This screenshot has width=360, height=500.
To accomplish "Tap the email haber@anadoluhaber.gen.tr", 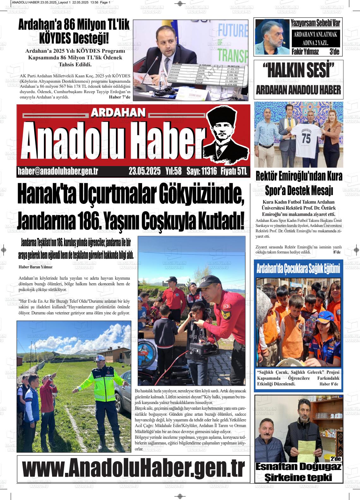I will click(x=58, y=171).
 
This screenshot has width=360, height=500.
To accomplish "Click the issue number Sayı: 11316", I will click(x=201, y=171).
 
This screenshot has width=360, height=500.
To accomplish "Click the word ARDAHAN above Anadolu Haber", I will click(x=118, y=112).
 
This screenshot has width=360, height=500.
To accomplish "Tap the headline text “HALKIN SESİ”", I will click(x=298, y=71).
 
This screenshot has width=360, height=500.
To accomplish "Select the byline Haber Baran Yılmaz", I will click(x=36, y=267).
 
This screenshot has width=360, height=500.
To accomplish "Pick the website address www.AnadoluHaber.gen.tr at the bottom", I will click(x=133, y=468).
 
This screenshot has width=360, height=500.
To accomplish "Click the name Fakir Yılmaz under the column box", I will click(x=305, y=52).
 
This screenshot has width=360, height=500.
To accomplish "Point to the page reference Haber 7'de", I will click(x=119, y=97).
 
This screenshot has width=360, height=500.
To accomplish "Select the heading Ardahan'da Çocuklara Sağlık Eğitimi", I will click(x=298, y=269).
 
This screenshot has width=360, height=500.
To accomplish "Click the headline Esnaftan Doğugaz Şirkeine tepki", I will click(x=298, y=472).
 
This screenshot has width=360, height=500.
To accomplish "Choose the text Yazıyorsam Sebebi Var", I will click(x=315, y=23).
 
